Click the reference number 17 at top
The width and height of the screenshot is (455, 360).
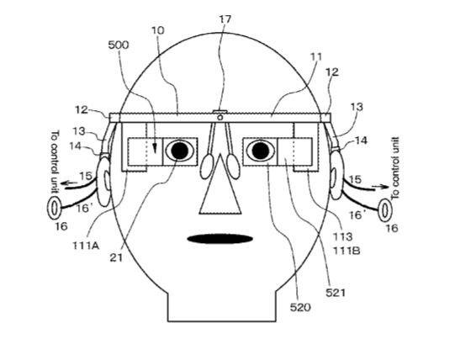(x=225, y=19)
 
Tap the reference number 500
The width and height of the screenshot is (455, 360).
(x=119, y=45)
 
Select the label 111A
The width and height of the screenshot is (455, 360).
(x=86, y=246)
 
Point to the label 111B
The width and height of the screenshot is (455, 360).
(x=347, y=251)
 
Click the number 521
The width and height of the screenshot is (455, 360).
(x=336, y=293)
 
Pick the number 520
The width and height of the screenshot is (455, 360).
(x=300, y=307)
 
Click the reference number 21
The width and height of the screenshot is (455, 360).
(x=116, y=257)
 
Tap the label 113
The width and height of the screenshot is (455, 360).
(x=342, y=236)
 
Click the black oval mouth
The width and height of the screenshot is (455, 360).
(x=220, y=239)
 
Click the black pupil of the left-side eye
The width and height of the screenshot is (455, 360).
(x=180, y=151)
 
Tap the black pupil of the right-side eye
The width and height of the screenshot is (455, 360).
(x=261, y=151)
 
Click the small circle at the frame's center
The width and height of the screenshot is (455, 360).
(x=220, y=117)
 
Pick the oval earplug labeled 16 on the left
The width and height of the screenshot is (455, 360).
(x=54, y=208)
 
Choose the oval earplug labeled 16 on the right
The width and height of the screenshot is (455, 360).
(x=385, y=210)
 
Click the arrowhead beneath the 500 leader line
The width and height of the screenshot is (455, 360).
(x=156, y=148)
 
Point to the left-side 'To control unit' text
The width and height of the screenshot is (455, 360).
(x=55, y=161)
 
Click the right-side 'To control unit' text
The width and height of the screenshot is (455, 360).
(x=395, y=168)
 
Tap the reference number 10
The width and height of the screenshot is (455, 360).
(x=157, y=30)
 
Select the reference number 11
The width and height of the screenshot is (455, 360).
(x=316, y=56)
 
